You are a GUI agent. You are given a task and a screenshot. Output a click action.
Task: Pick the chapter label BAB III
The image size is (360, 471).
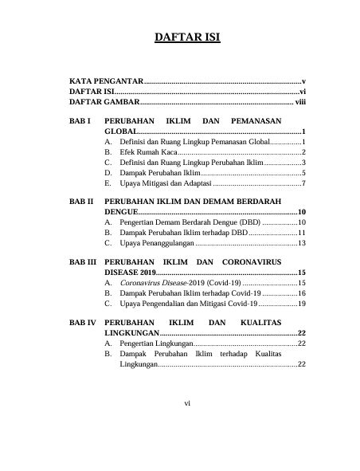[83, 262]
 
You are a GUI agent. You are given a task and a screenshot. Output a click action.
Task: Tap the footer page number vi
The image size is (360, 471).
[187, 403]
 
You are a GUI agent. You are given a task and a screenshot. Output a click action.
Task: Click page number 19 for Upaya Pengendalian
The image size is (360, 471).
[303, 304]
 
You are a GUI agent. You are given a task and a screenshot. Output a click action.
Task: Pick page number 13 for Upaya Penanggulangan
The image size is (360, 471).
[303, 244]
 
